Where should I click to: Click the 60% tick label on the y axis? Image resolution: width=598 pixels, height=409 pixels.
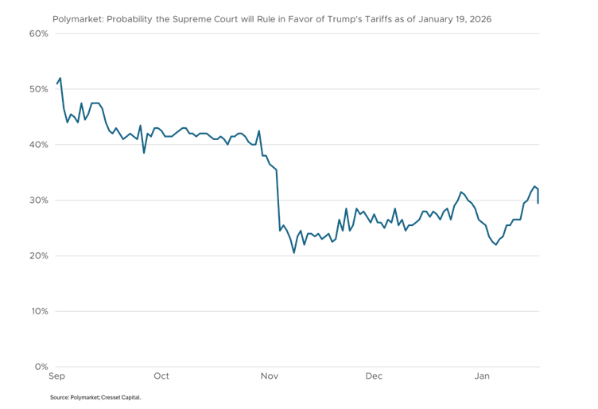(39, 33)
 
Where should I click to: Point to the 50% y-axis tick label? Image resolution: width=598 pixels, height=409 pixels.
(39, 89)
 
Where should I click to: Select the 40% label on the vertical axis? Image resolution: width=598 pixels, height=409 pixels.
(39, 145)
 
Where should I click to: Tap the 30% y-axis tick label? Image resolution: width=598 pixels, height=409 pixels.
(39, 201)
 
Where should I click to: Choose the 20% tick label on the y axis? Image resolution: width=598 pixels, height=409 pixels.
(39, 255)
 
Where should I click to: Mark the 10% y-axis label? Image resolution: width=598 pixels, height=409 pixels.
(39, 311)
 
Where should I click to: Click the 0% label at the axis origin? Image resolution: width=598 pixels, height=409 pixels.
(41, 367)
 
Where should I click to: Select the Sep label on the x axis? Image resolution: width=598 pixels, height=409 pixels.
(57, 376)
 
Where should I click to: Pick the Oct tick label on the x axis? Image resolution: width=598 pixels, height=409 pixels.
(161, 376)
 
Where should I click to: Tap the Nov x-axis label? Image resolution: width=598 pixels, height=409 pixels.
(270, 376)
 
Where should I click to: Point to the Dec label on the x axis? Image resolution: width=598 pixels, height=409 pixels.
(374, 376)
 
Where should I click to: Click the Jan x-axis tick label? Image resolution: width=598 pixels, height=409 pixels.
(481, 376)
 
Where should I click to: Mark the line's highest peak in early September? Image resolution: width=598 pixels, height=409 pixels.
(60, 78)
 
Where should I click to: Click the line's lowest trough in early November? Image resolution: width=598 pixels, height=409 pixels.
(294, 253)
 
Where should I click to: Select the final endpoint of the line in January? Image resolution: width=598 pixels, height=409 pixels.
(538, 203)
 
